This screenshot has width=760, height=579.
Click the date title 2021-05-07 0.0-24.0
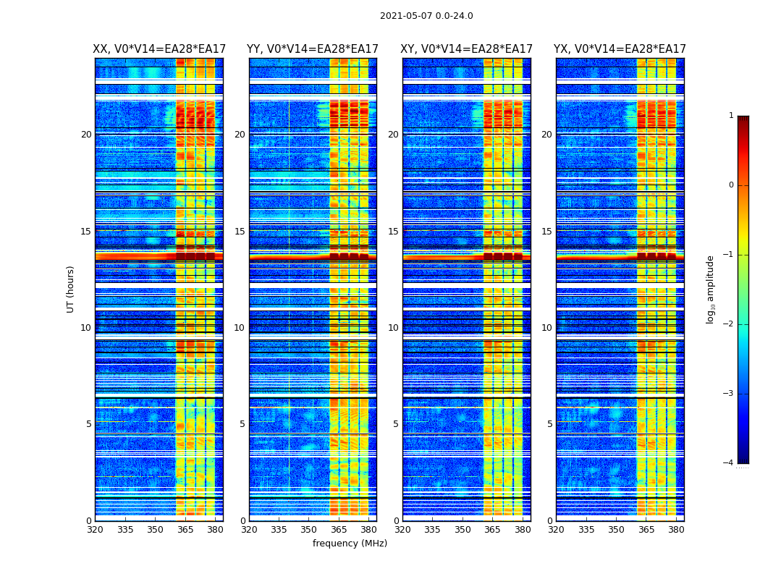pyautogui.click(x=426, y=16)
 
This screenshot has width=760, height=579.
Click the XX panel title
pyautogui.click(x=159, y=49)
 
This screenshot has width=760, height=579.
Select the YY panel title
pyautogui.click(x=313, y=49)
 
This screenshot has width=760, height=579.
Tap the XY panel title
pyautogui.click(x=467, y=49)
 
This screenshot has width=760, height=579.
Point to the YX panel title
pyautogui.click(x=620, y=49)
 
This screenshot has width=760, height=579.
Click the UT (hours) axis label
pyautogui.click(x=70, y=289)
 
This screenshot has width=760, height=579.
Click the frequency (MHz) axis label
pyautogui.click(x=350, y=544)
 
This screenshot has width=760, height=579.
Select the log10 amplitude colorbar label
pyautogui.click(x=711, y=289)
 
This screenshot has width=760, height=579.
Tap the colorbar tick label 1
pyautogui.click(x=731, y=116)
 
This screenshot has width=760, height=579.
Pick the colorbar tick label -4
pyautogui.click(x=729, y=463)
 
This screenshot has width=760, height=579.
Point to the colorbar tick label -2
pyautogui.click(x=729, y=324)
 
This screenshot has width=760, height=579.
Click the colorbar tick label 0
pyautogui.click(x=731, y=185)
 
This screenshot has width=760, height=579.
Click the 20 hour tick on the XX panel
pyautogui.click(x=86, y=135)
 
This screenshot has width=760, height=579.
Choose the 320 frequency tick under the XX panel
pyautogui.click(x=95, y=530)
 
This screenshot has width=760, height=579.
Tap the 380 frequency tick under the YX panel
pyautogui.click(x=676, y=530)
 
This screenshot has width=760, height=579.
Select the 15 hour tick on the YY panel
pyautogui.click(x=240, y=232)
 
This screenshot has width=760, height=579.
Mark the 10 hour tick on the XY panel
pyautogui.click(x=393, y=328)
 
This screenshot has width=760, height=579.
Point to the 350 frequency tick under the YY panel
pyautogui.click(x=309, y=530)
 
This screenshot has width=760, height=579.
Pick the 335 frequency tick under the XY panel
pyautogui.click(x=433, y=530)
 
